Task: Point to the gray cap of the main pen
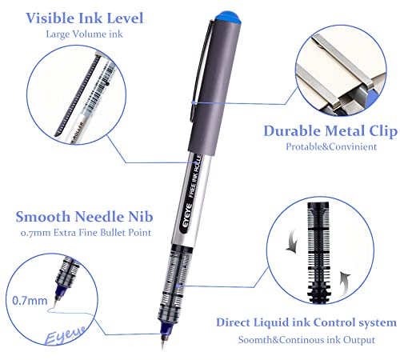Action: (210, 80)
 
